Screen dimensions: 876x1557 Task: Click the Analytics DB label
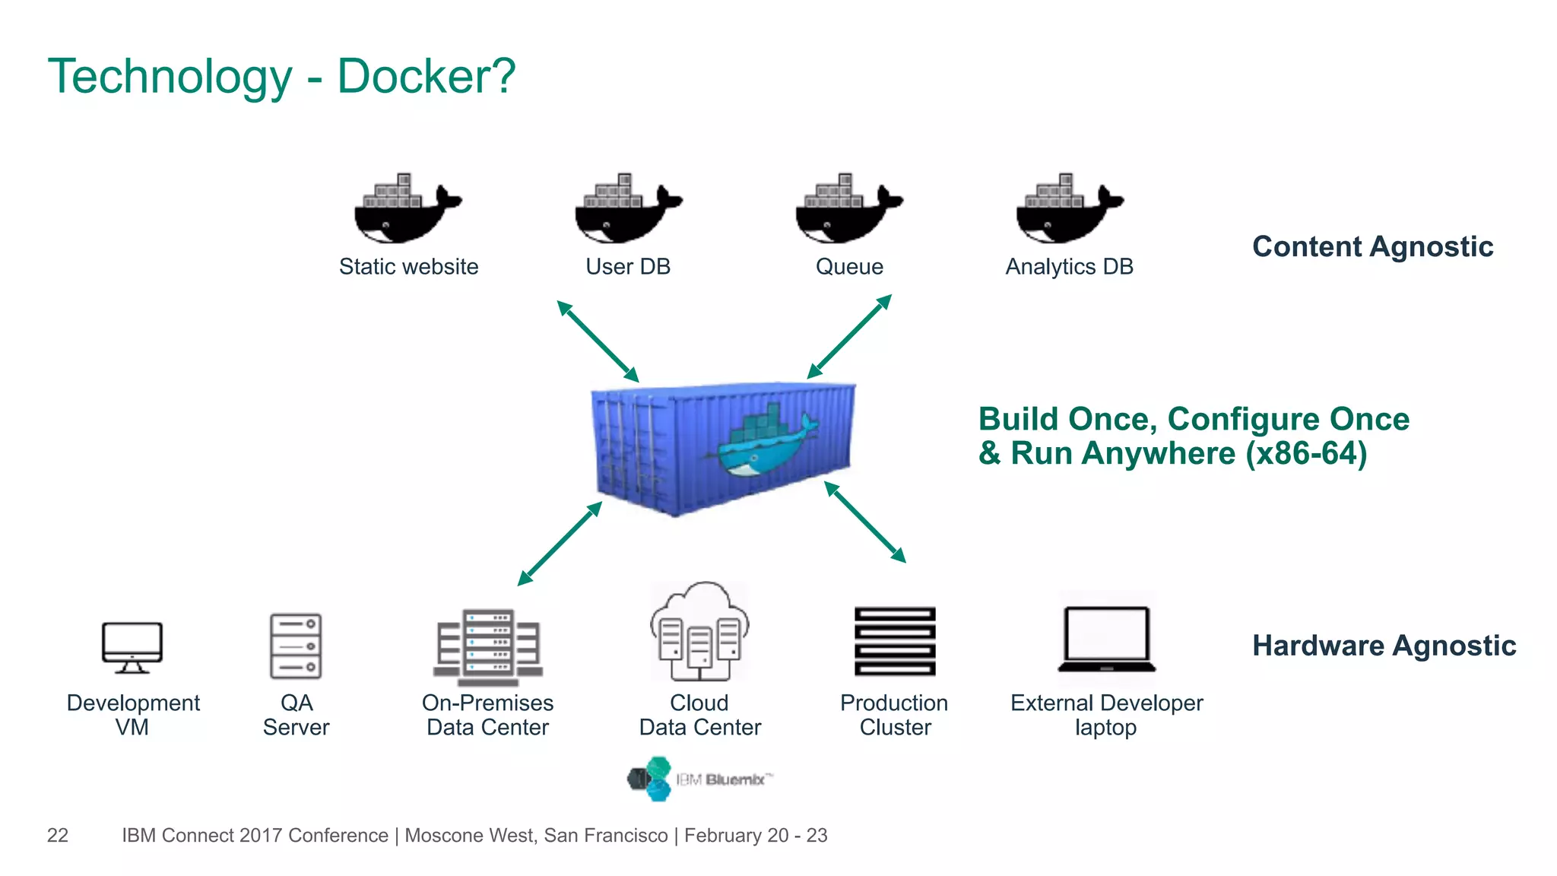tap(1069, 267)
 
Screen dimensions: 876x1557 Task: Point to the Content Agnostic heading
tap(1372, 246)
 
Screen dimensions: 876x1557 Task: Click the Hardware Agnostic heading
tap(1384, 646)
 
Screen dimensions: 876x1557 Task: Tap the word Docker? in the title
tap(426, 76)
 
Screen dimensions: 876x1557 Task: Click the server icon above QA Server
tap(296, 646)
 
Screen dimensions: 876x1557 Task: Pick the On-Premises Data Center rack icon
tap(488, 646)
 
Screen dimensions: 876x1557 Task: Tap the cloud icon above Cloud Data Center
tap(699, 632)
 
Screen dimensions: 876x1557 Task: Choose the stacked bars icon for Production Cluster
tap(895, 641)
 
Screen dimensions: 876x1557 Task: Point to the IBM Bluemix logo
tap(699, 779)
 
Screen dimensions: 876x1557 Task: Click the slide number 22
tap(58, 835)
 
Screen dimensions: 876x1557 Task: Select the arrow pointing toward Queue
tap(849, 336)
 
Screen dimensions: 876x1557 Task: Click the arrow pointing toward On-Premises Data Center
tap(560, 544)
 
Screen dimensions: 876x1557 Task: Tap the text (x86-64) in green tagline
tap(1305, 453)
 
